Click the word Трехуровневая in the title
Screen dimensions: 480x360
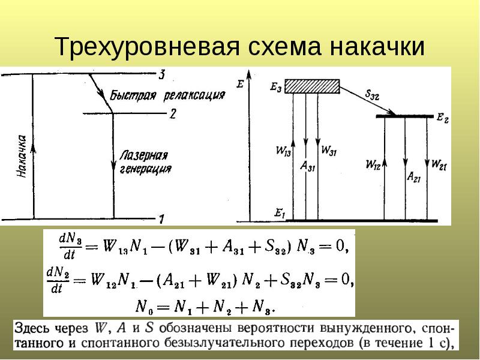(147, 47)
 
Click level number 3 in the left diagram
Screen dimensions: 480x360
(162, 74)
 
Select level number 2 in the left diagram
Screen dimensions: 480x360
(173, 114)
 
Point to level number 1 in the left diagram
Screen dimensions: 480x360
(161, 219)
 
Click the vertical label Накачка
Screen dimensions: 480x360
(22, 156)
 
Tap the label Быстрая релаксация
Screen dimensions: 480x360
(167, 95)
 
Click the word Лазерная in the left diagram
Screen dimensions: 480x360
(144, 155)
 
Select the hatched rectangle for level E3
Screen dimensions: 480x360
(312, 86)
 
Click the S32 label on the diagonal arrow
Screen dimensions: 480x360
(372, 95)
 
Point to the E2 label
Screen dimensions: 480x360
(443, 118)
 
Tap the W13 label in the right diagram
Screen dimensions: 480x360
(283, 151)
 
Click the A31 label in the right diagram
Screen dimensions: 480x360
(307, 166)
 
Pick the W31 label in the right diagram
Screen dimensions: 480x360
(329, 151)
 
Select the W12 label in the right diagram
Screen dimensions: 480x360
(373, 165)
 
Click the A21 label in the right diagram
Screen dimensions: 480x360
(413, 177)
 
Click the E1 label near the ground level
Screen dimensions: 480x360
(280, 214)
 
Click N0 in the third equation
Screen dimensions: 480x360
(145, 307)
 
